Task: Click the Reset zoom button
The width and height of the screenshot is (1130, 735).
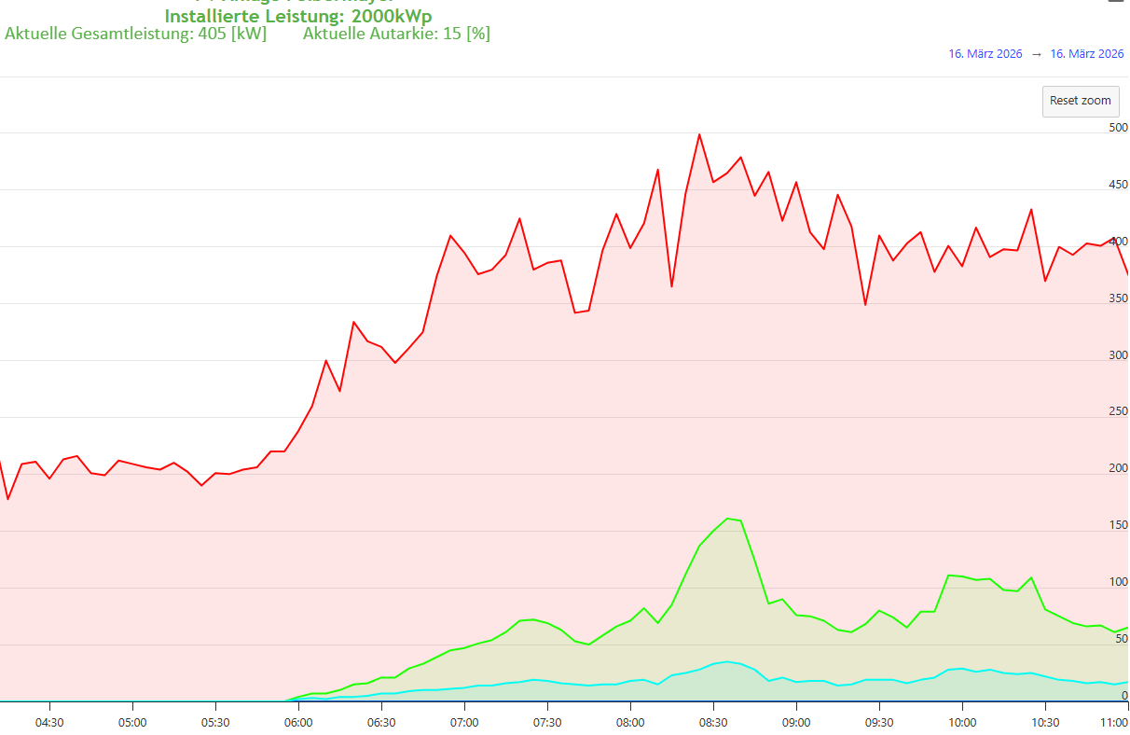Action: (x=1080, y=101)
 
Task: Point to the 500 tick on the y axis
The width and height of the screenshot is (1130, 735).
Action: (x=1118, y=128)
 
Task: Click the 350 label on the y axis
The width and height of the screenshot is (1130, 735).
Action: (x=1118, y=298)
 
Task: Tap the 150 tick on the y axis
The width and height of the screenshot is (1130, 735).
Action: (x=1118, y=526)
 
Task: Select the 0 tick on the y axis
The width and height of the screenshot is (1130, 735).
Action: (x=1124, y=696)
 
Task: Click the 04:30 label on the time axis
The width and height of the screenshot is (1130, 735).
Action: (x=49, y=722)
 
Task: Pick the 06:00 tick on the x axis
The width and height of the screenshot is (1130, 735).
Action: (x=298, y=722)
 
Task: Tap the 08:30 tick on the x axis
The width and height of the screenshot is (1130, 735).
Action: (x=713, y=722)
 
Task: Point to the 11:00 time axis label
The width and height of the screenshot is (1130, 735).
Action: (x=1113, y=722)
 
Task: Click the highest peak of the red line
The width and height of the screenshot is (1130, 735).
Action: (x=699, y=134)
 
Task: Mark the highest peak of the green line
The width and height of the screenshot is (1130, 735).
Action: (x=727, y=519)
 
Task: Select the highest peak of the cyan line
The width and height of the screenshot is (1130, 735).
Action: (x=727, y=661)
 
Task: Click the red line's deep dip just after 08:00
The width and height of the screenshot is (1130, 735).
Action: (x=671, y=286)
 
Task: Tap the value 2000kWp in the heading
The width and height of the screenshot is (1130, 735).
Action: (x=392, y=16)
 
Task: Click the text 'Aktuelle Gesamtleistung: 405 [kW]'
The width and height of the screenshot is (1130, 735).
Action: (x=135, y=34)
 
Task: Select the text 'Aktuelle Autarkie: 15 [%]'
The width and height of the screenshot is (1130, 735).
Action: (x=396, y=34)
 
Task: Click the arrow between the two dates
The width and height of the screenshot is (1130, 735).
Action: (x=1036, y=54)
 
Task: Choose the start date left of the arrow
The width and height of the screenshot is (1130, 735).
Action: (x=985, y=54)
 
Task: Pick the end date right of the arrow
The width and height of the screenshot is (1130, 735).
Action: (x=1087, y=54)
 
